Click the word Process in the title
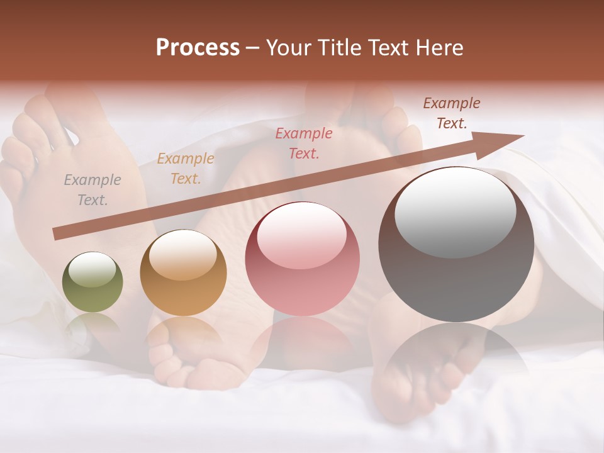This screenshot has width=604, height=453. [198, 48]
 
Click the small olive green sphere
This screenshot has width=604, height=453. [92, 282]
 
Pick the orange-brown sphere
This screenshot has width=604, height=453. [183, 273]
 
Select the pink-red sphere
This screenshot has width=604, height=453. [302, 259]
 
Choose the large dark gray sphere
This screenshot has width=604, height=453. [456, 245]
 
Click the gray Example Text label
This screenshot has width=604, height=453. [92, 190]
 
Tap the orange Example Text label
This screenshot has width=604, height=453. [185, 169]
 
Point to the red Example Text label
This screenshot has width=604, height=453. [304, 143]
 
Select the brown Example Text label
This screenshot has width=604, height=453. [451, 113]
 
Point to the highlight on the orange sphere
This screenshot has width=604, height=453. [182, 255]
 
